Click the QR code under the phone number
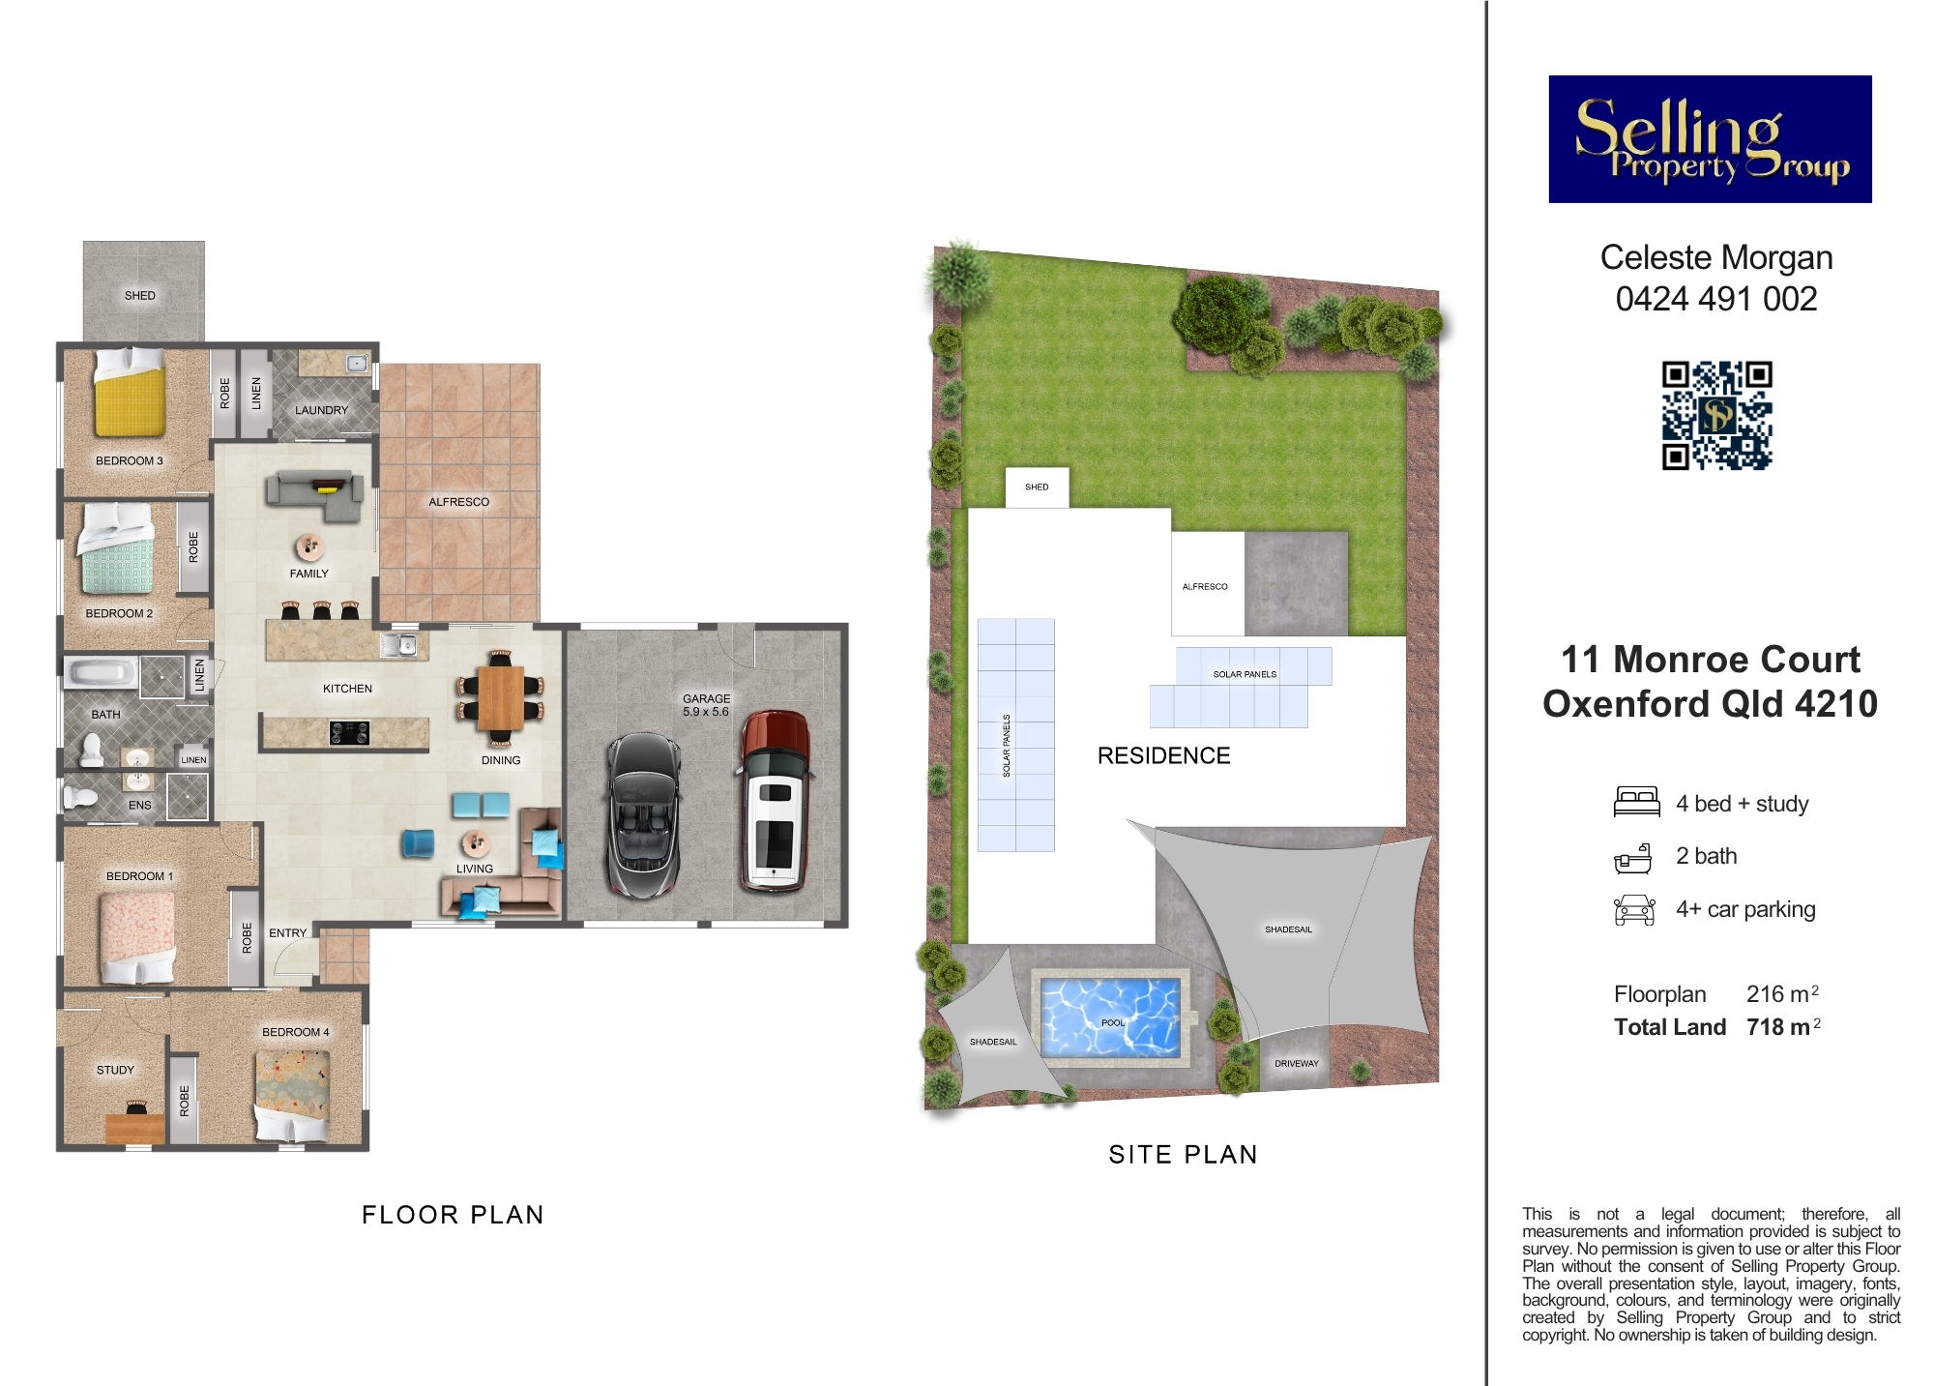1716,415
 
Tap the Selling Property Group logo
1710,139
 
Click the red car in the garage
775,800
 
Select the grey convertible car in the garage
644,815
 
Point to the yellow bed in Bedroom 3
130,394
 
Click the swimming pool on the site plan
1111,1016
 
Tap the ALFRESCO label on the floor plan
459,502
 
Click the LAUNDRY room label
321,410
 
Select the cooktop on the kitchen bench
348,733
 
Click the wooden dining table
500,697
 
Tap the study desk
135,1129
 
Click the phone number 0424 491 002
1716,299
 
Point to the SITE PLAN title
1183,1154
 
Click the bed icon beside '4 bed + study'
1636,803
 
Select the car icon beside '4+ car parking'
1634,909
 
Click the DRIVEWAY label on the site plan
1296,1063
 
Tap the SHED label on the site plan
1037,487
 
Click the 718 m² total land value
1783,1026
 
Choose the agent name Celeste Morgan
1716,257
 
